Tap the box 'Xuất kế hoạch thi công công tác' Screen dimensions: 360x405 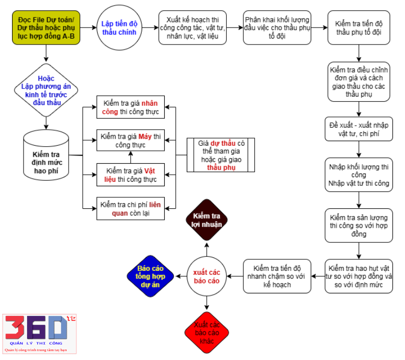(193, 28)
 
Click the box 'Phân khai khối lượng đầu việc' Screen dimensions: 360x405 (277, 28)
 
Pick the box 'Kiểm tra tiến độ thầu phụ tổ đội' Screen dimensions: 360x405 (359, 28)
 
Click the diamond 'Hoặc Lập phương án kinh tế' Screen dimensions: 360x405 (46, 90)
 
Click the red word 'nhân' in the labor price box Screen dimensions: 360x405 (150, 103)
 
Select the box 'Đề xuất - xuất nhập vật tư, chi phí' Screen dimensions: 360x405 (359, 129)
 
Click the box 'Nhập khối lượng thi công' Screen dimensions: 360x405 (359, 175)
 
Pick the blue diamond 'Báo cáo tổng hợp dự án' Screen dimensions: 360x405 (150, 276)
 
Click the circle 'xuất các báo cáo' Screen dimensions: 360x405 (207, 276)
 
